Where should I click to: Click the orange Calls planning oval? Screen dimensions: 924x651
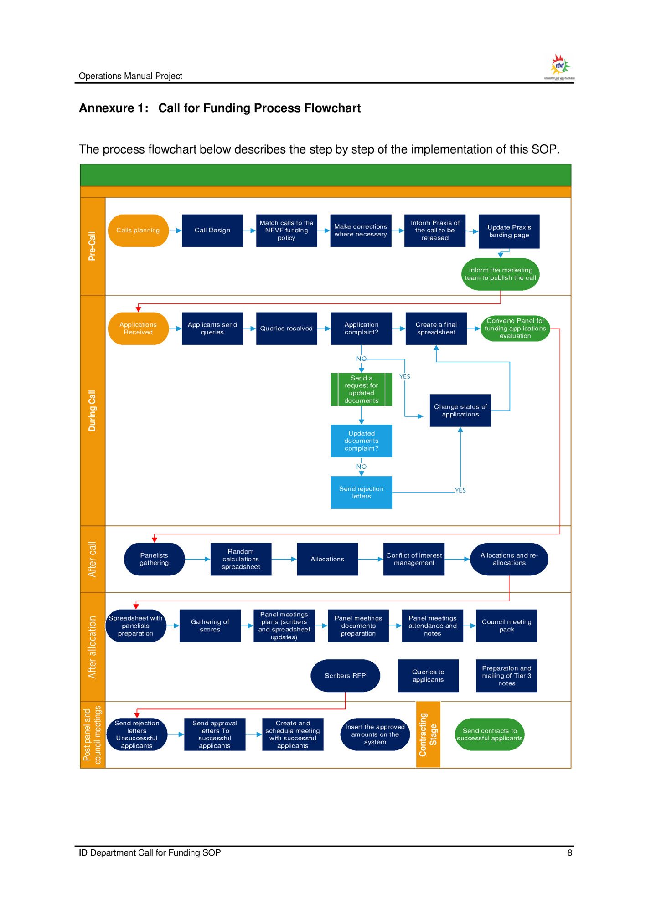point(138,231)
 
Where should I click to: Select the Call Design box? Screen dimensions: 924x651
point(212,231)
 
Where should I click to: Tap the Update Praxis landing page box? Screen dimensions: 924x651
point(509,231)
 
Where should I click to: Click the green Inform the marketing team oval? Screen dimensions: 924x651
point(500,274)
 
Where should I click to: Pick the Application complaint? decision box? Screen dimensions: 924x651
point(361,328)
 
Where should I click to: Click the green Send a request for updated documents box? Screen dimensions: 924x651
point(361,389)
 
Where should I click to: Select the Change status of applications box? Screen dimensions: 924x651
point(460,410)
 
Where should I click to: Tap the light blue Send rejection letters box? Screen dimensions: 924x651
point(361,492)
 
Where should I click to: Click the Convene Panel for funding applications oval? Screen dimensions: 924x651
point(515,328)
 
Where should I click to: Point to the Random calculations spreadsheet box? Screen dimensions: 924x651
point(241,559)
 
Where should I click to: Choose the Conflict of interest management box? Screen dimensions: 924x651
point(413,559)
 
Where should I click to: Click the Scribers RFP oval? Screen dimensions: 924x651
point(345,675)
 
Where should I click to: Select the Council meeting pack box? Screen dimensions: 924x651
point(506,625)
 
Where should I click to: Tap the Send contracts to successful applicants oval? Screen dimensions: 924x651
point(489,734)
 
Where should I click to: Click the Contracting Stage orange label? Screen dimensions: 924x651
point(428,734)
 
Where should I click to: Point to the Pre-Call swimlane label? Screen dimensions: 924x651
point(93,246)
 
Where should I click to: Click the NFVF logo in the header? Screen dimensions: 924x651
point(559,67)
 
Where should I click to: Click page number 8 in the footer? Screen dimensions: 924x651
point(569,852)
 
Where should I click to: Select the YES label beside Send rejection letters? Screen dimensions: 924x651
point(460,490)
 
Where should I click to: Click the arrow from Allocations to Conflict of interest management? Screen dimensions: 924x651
point(370,559)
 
